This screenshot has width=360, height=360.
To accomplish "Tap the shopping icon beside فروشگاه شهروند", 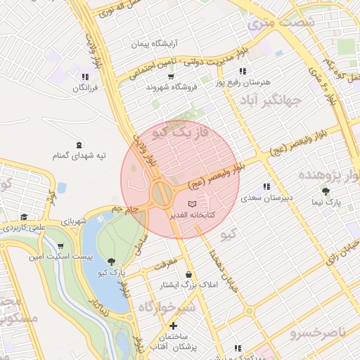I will click(x=172, y=75).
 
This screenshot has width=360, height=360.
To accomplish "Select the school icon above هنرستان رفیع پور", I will click(x=243, y=71).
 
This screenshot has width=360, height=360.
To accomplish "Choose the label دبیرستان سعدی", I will click(x=266, y=198).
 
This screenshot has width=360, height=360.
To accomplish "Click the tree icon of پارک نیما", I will click(x=325, y=191).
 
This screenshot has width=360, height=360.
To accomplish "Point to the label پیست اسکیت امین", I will click(x=60, y=257).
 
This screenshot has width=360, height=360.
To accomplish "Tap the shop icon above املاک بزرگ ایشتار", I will click(x=188, y=274).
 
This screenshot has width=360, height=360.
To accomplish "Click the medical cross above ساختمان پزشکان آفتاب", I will click(x=173, y=326).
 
